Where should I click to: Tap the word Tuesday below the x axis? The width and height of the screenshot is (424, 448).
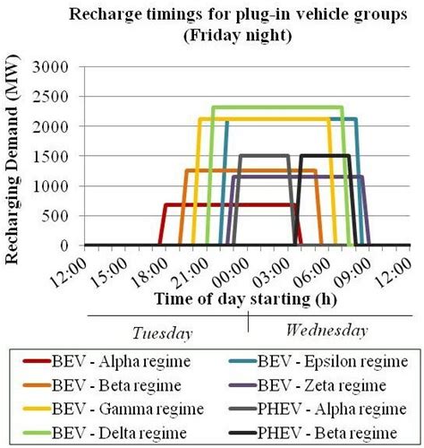[162, 332]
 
